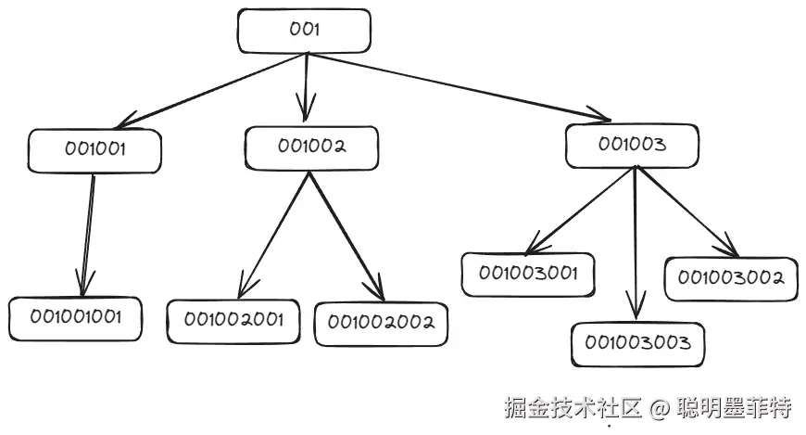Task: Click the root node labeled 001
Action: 305,31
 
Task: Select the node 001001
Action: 94,150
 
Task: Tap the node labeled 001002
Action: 311,147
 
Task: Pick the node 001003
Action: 632,145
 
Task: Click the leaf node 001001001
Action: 75,318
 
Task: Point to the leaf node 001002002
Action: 381,324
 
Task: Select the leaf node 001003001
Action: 528,274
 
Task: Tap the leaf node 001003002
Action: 731,278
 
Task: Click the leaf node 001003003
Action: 636,343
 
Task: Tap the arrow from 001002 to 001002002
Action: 345,232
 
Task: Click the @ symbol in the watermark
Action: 659,408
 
